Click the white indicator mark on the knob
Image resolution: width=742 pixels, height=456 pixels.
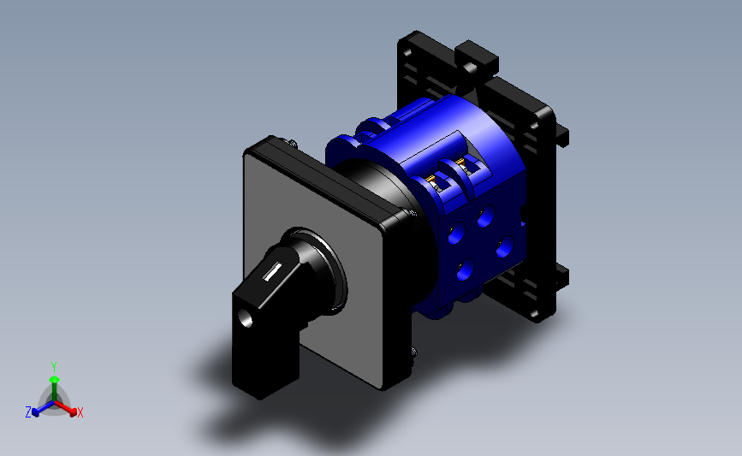point(272,272)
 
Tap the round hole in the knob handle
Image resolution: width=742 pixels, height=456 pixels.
point(245,318)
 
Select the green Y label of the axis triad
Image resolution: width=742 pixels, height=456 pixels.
point(54,367)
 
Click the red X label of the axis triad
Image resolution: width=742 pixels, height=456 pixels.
point(80,412)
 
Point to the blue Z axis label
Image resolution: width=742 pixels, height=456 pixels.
point(28,412)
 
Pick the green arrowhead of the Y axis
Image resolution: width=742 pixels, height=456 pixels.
point(55,379)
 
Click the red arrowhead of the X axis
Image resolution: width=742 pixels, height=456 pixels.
point(73,412)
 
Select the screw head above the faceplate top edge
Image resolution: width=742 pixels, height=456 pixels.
point(292,142)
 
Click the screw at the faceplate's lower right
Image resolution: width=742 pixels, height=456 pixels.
point(414,352)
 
